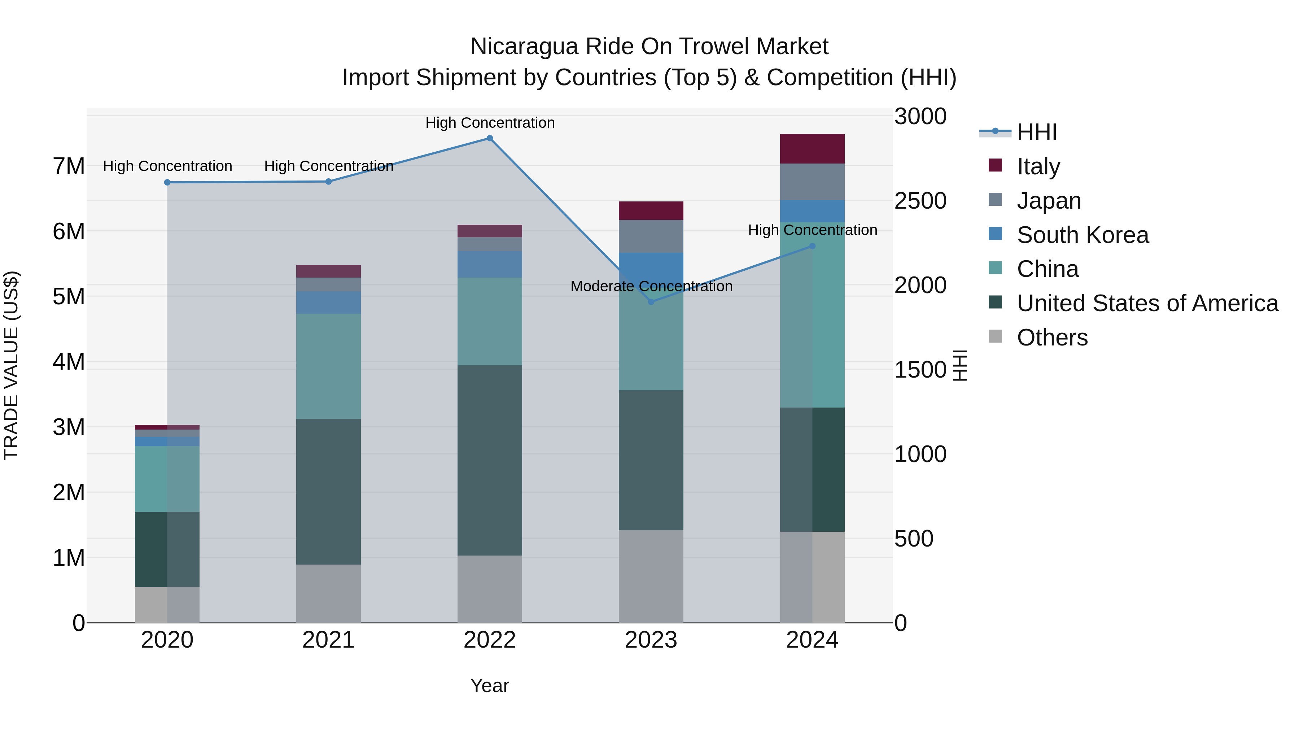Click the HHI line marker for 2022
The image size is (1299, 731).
tap(489, 138)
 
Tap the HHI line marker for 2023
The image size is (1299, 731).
tap(651, 302)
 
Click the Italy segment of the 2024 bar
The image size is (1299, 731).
tap(812, 149)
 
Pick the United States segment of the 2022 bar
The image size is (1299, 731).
tap(489, 460)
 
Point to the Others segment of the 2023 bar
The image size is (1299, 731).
tap(651, 576)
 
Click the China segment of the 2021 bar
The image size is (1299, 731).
tap(328, 366)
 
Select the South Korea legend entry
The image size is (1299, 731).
tap(1082, 235)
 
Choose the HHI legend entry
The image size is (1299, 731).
tap(1036, 132)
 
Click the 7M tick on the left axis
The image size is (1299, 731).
tap(69, 166)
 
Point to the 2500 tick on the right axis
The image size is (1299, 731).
tap(920, 201)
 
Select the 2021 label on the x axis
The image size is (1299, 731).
tap(328, 640)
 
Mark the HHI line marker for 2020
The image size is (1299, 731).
tap(167, 183)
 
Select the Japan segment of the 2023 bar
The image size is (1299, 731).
tap(651, 236)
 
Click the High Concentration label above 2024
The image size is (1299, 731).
tap(812, 230)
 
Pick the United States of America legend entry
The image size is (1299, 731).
tap(1147, 303)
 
